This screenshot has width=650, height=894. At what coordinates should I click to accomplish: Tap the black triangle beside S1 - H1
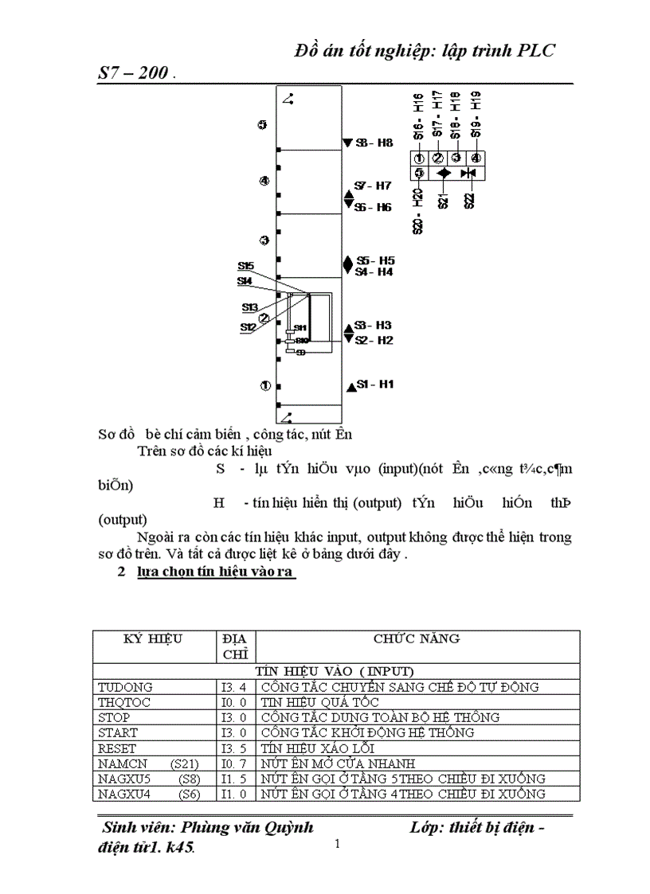click(350, 387)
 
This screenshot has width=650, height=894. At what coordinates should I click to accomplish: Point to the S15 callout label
click(245, 265)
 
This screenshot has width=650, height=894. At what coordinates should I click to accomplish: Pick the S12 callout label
click(248, 326)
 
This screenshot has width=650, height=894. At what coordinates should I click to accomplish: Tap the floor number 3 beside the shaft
click(264, 240)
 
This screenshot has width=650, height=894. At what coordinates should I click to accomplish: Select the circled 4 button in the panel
click(476, 157)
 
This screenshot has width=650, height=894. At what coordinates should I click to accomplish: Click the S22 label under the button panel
click(469, 200)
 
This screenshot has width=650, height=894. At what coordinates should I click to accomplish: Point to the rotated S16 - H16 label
click(418, 116)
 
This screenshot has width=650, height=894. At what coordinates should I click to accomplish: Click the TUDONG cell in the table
click(125, 686)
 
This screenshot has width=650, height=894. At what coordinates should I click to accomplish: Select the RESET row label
click(117, 748)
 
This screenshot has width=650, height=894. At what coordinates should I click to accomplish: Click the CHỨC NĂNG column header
click(416, 638)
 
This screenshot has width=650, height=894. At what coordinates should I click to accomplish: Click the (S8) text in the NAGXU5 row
click(190, 779)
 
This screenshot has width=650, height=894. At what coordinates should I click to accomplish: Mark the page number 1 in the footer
click(338, 844)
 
